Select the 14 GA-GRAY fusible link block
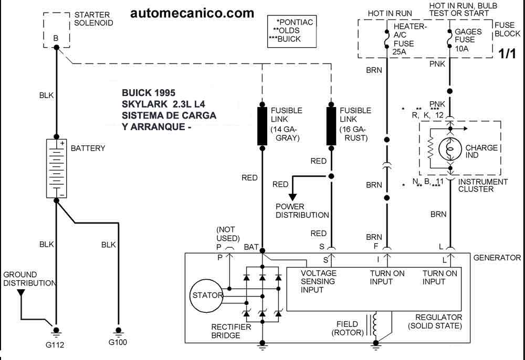click(262, 126)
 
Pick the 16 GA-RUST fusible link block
click(331, 126)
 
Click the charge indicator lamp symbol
click(450, 149)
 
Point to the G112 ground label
click(55, 345)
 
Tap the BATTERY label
click(88, 149)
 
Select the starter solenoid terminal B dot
click(56, 47)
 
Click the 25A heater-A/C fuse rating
click(399, 52)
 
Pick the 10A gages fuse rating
click(461, 49)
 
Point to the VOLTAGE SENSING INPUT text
click(319, 281)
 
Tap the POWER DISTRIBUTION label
click(302, 211)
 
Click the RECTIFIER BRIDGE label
click(231, 331)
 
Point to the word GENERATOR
click(497, 258)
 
